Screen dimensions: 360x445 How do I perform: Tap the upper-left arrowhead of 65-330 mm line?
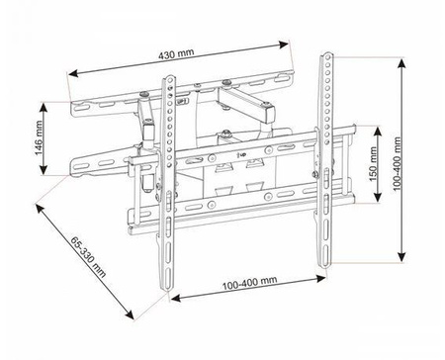(37, 208)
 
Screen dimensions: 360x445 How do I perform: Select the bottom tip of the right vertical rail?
(322, 265)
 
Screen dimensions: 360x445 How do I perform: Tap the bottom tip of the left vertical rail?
(169, 289)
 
